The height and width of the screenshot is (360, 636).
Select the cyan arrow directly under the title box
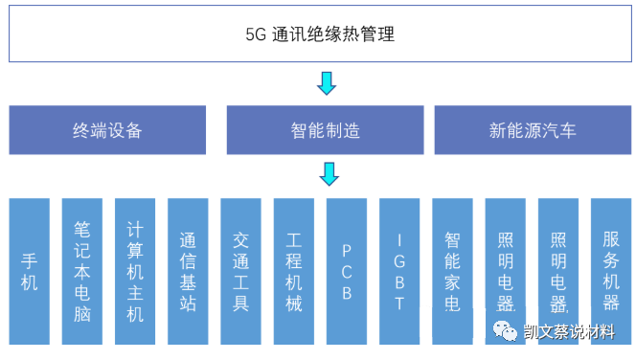click(x=327, y=83)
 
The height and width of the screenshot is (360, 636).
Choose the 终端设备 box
click(x=107, y=130)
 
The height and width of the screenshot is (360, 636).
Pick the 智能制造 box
click(x=326, y=130)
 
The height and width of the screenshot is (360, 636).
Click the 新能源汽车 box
click(x=533, y=130)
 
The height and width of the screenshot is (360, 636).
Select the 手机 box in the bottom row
click(x=30, y=271)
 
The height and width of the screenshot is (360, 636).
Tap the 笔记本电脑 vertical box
click(x=82, y=271)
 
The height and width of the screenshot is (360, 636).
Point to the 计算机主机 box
click(x=135, y=271)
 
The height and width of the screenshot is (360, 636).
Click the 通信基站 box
click(x=188, y=271)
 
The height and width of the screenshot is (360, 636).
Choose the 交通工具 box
click(x=240, y=271)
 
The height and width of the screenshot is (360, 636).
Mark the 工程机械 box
click(x=294, y=271)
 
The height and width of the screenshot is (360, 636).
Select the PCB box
click(x=347, y=271)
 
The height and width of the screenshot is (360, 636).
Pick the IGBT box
click(x=399, y=271)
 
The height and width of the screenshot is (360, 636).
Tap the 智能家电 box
click(x=453, y=271)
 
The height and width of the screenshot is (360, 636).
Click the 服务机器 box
click(x=611, y=271)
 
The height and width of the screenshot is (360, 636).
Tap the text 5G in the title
click(x=256, y=35)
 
